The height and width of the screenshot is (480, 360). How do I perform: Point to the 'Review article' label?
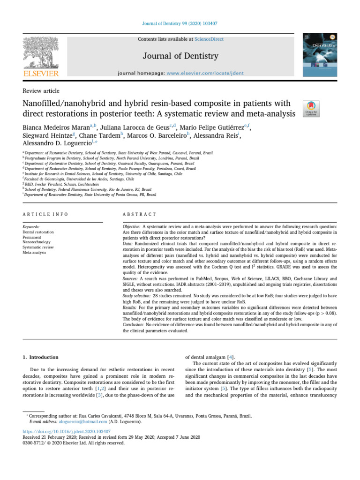(41, 90)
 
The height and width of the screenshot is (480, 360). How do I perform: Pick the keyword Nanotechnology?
(36, 242)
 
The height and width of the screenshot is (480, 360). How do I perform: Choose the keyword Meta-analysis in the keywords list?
(35, 252)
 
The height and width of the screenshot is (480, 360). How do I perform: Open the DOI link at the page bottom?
(67, 431)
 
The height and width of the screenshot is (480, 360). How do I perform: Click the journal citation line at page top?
(180, 23)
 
